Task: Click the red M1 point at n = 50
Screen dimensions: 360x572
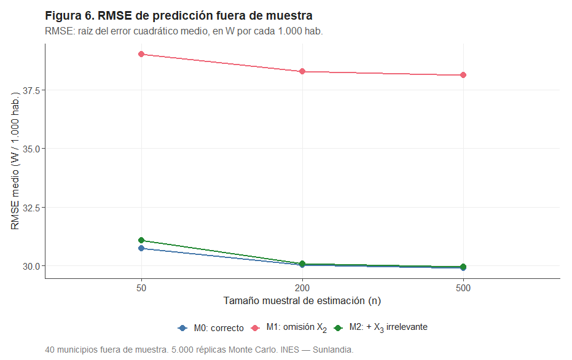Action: [141, 54]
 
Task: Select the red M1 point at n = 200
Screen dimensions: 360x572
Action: [302, 72]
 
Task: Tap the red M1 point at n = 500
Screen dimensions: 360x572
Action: [463, 75]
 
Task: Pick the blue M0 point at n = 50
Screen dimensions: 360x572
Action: [141, 248]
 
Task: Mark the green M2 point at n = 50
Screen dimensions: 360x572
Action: [141, 240]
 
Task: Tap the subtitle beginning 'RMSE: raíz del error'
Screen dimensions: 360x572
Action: [184, 31]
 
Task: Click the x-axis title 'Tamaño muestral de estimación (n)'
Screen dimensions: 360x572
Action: [302, 301]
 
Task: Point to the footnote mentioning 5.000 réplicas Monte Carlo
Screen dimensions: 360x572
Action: [199, 350]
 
